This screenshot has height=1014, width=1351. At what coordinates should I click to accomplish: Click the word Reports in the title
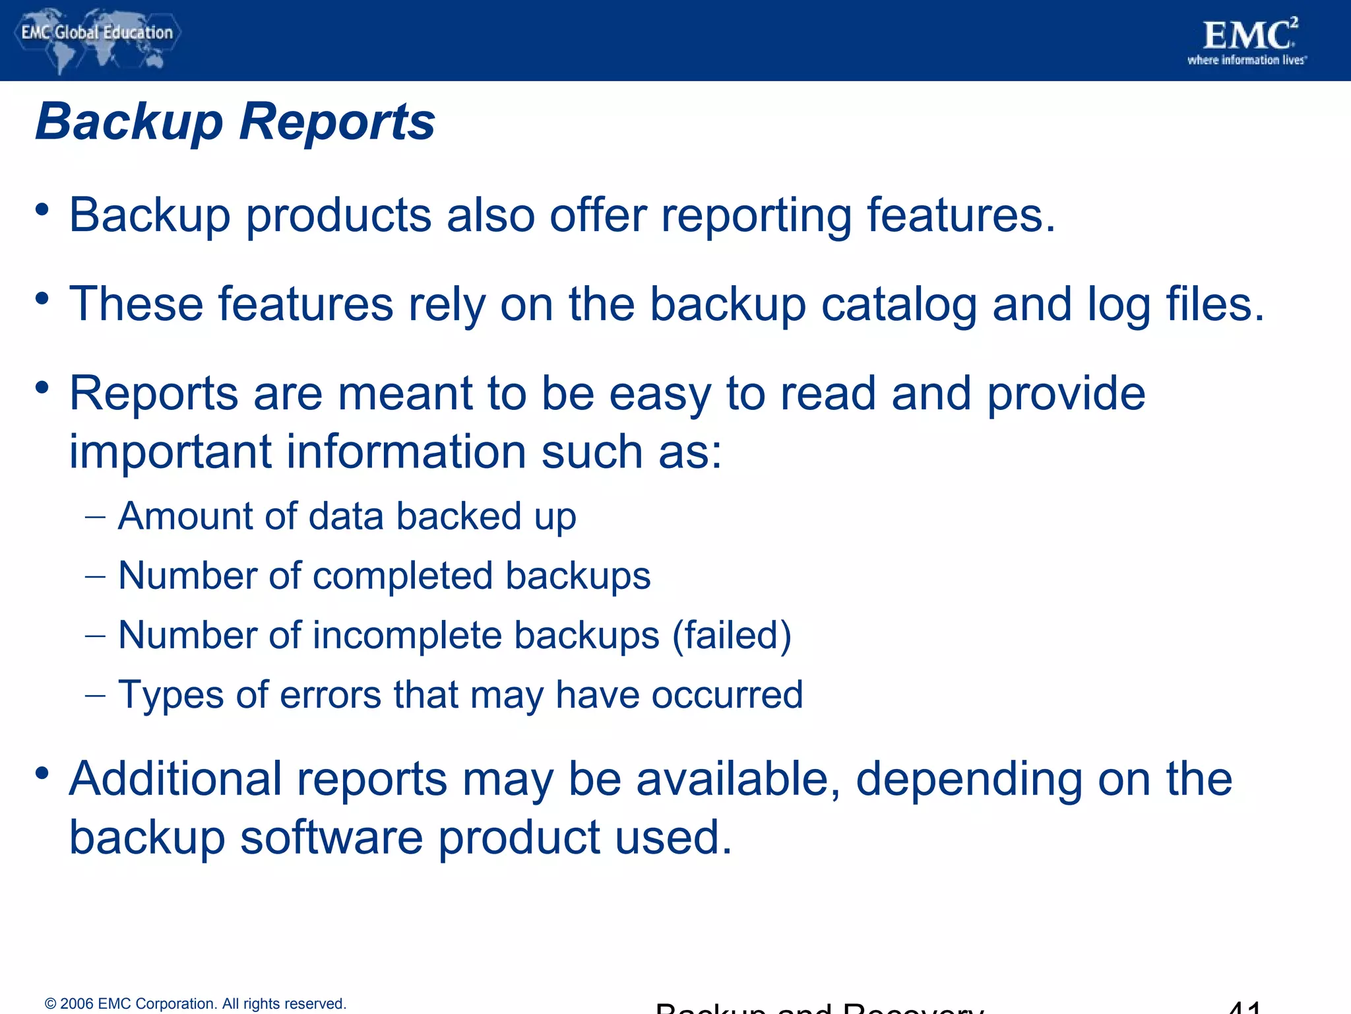coord(336,121)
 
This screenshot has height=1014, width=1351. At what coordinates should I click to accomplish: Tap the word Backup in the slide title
coord(129,123)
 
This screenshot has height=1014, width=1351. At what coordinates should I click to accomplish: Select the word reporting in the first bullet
coord(756,217)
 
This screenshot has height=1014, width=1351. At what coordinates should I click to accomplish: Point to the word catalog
coord(898,305)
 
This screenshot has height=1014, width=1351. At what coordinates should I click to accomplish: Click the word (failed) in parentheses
coord(732,636)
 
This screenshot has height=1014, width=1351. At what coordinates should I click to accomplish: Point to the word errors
coord(330,695)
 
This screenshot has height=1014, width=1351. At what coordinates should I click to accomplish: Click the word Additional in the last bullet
coord(176,779)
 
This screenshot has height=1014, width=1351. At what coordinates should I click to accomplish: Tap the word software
coord(331,838)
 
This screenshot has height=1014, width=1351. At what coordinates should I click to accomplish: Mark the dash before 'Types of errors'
coord(95,696)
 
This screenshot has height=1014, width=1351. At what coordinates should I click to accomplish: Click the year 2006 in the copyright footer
coord(77,1004)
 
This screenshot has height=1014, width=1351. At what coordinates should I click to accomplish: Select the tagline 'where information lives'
coord(1246,61)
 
